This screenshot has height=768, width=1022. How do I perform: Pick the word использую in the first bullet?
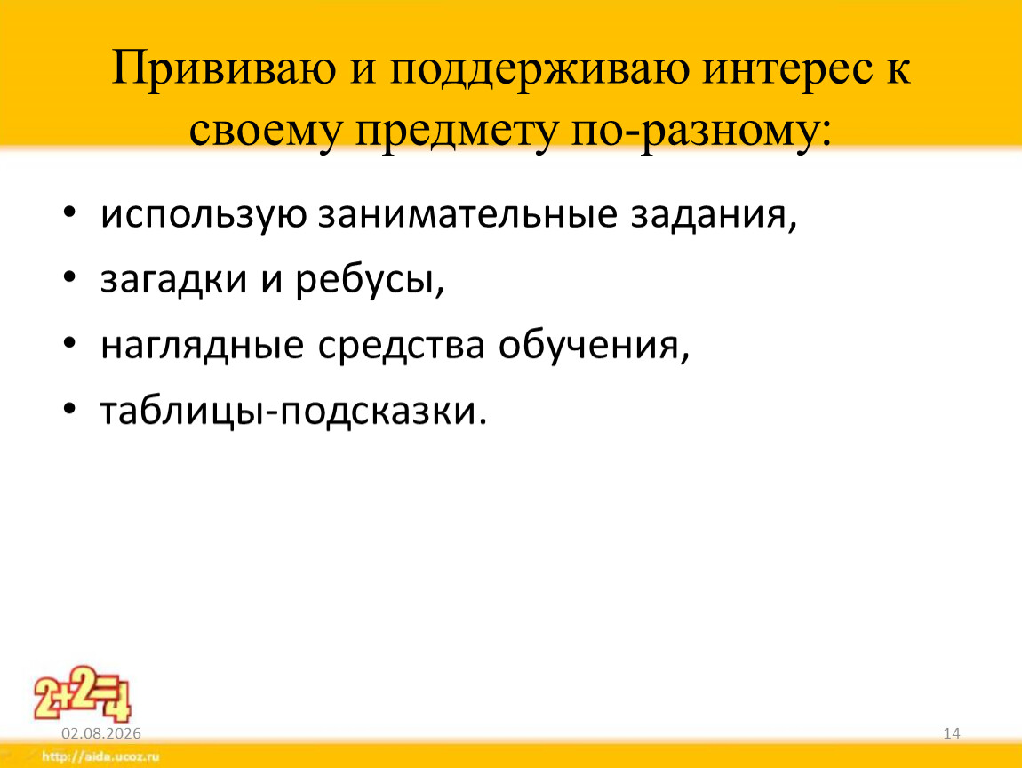[x=204, y=214]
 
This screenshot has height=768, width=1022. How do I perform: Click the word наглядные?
[x=202, y=346]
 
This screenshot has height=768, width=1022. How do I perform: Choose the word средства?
[x=402, y=346]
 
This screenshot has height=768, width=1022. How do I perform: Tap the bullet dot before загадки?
[x=70, y=276]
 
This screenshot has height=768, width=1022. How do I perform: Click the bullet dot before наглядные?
[x=70, y=342]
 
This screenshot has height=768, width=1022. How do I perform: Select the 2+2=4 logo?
[x=82, y=694]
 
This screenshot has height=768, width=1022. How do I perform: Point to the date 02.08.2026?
[x=101, y=733]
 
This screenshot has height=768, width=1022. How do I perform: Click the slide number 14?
[x=952, y=733]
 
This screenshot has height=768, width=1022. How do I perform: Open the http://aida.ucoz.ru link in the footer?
[x=100, y=756]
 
